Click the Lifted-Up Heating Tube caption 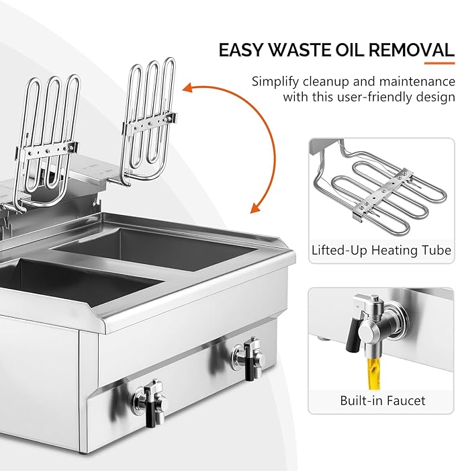tap(381, 251)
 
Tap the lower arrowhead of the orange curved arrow tap(255, 206)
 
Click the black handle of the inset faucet tap(349, 327)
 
